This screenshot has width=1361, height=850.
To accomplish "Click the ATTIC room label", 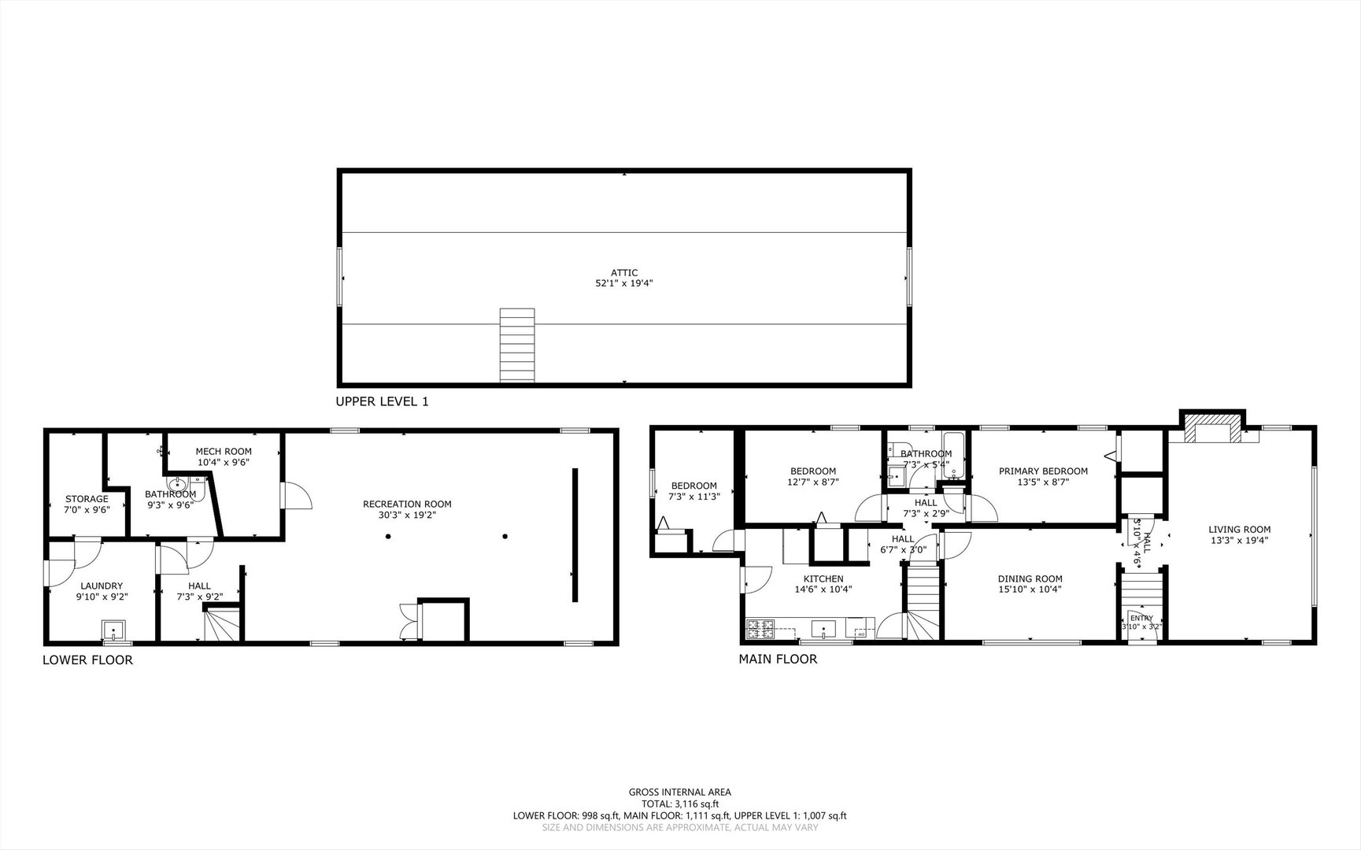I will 623,273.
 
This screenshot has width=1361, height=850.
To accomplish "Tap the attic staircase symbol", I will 517,346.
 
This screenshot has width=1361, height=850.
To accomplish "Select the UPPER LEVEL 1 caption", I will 382,401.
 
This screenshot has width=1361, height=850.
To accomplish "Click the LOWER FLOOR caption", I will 87,660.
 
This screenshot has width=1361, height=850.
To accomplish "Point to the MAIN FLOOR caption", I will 778,660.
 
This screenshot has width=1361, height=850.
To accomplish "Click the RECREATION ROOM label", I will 407,504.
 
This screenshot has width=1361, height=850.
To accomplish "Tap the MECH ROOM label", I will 224,452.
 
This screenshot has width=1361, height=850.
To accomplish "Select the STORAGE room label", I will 87,499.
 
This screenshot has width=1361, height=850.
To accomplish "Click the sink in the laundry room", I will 113,630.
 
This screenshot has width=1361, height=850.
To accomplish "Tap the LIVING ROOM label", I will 1239,530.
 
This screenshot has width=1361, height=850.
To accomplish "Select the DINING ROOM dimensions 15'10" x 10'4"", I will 1030,589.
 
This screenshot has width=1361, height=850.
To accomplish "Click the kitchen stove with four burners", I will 760,629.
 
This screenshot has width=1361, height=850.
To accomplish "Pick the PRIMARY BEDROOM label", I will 1043,471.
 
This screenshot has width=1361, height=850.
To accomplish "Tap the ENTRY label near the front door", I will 1141,618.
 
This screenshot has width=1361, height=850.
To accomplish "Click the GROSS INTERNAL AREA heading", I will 679,793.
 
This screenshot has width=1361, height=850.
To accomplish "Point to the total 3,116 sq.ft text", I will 679,804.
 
